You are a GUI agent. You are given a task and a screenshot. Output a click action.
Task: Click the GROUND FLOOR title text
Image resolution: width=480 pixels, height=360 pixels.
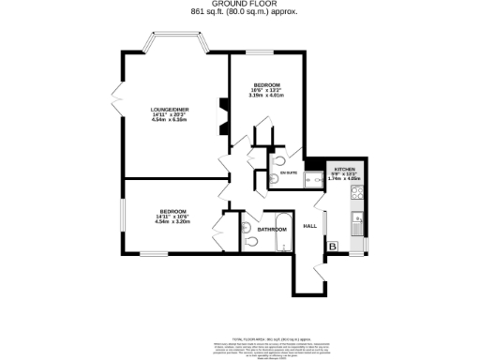[x=239, y=6]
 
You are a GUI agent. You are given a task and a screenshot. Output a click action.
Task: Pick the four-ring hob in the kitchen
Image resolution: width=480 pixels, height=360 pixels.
[x=357, y=196]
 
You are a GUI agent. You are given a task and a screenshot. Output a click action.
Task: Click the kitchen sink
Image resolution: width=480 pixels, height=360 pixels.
[x=357, y=224]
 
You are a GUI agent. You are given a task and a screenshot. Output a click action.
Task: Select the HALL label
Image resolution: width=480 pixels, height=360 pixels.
[x=308, y=226]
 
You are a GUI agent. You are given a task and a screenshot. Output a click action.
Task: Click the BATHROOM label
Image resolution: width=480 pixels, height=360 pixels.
[x=272, y=229]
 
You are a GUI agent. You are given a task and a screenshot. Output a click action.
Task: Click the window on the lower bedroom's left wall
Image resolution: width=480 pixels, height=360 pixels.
[x=121, y=217]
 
